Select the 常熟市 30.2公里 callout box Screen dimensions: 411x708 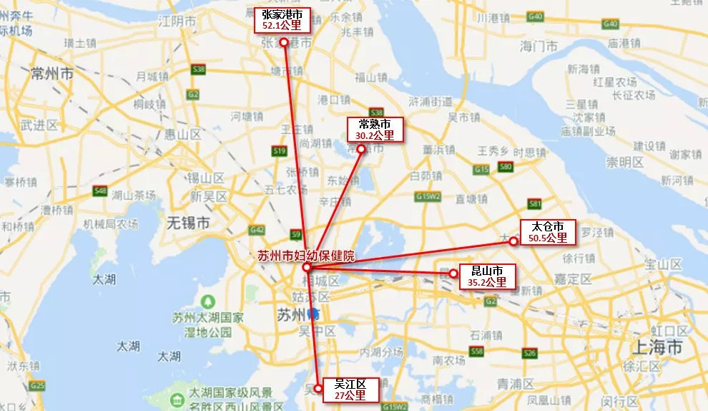[374, 129]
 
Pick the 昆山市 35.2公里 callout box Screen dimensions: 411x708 [486, 276]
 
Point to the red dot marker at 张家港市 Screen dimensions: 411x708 [284, 42]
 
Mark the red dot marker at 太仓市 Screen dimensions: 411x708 [513, 241]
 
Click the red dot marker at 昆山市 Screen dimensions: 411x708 [453, 274]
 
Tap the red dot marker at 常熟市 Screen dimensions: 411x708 [361, 150]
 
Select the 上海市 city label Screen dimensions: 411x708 [659, 348]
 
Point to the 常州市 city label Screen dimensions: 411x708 [52, 73]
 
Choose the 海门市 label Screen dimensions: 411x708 [539, 47]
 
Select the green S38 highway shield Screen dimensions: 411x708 [199, 69]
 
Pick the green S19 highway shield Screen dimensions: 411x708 [280, 151]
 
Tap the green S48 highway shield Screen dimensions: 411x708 [100, 191]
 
